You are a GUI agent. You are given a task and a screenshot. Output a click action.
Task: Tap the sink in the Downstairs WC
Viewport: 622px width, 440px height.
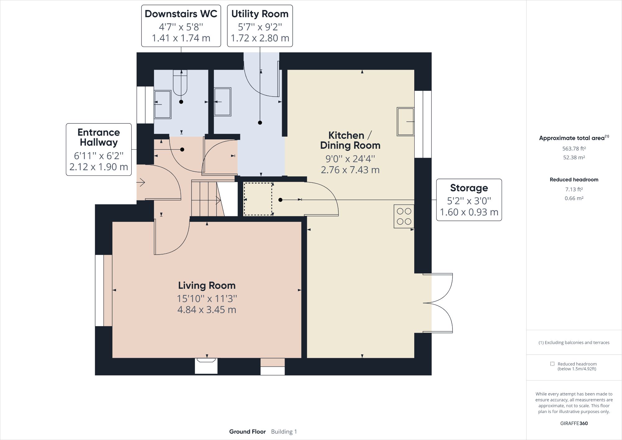tap(163, 105)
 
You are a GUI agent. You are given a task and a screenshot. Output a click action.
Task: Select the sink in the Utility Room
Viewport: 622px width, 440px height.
tap(223, 102)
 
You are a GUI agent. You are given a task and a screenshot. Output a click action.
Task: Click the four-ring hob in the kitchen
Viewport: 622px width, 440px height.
tap(404, 216)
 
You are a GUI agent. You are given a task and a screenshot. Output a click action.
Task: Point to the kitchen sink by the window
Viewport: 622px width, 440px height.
tap(406, 122)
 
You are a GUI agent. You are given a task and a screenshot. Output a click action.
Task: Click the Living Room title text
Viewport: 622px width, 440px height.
tap(207, 285)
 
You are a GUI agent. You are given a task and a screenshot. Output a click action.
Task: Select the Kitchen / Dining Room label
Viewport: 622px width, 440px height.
tap(350, 140)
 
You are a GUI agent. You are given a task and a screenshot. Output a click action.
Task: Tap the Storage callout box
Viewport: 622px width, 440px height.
tap(469, 200)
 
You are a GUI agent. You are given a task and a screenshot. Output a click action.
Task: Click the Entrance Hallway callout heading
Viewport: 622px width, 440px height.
tap(99, 137)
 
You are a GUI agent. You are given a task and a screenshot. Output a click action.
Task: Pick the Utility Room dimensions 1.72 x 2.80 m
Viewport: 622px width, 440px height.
tap(260, 38)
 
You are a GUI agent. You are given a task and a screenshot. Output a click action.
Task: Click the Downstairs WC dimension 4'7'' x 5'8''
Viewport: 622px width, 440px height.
tap(181, 27)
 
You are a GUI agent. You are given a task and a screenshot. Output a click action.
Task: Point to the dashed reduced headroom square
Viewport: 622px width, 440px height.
tap(258, 199)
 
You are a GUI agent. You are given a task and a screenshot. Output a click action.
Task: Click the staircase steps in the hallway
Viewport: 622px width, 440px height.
tap(204, 199)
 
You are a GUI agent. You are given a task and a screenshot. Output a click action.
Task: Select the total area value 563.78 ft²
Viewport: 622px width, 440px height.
tap(574, 148)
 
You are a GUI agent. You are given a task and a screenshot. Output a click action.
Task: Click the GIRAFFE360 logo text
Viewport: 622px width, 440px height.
tap(574, 423)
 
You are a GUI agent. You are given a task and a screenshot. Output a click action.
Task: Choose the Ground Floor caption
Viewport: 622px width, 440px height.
tap(247, 432)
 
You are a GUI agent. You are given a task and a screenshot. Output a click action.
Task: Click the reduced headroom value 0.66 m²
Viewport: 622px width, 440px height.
tap(574, 198)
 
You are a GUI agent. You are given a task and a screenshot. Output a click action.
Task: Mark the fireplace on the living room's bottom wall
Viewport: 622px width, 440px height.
tap(206, 365)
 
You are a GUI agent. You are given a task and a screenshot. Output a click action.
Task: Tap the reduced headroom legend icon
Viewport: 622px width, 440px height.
tap(552, 364)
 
